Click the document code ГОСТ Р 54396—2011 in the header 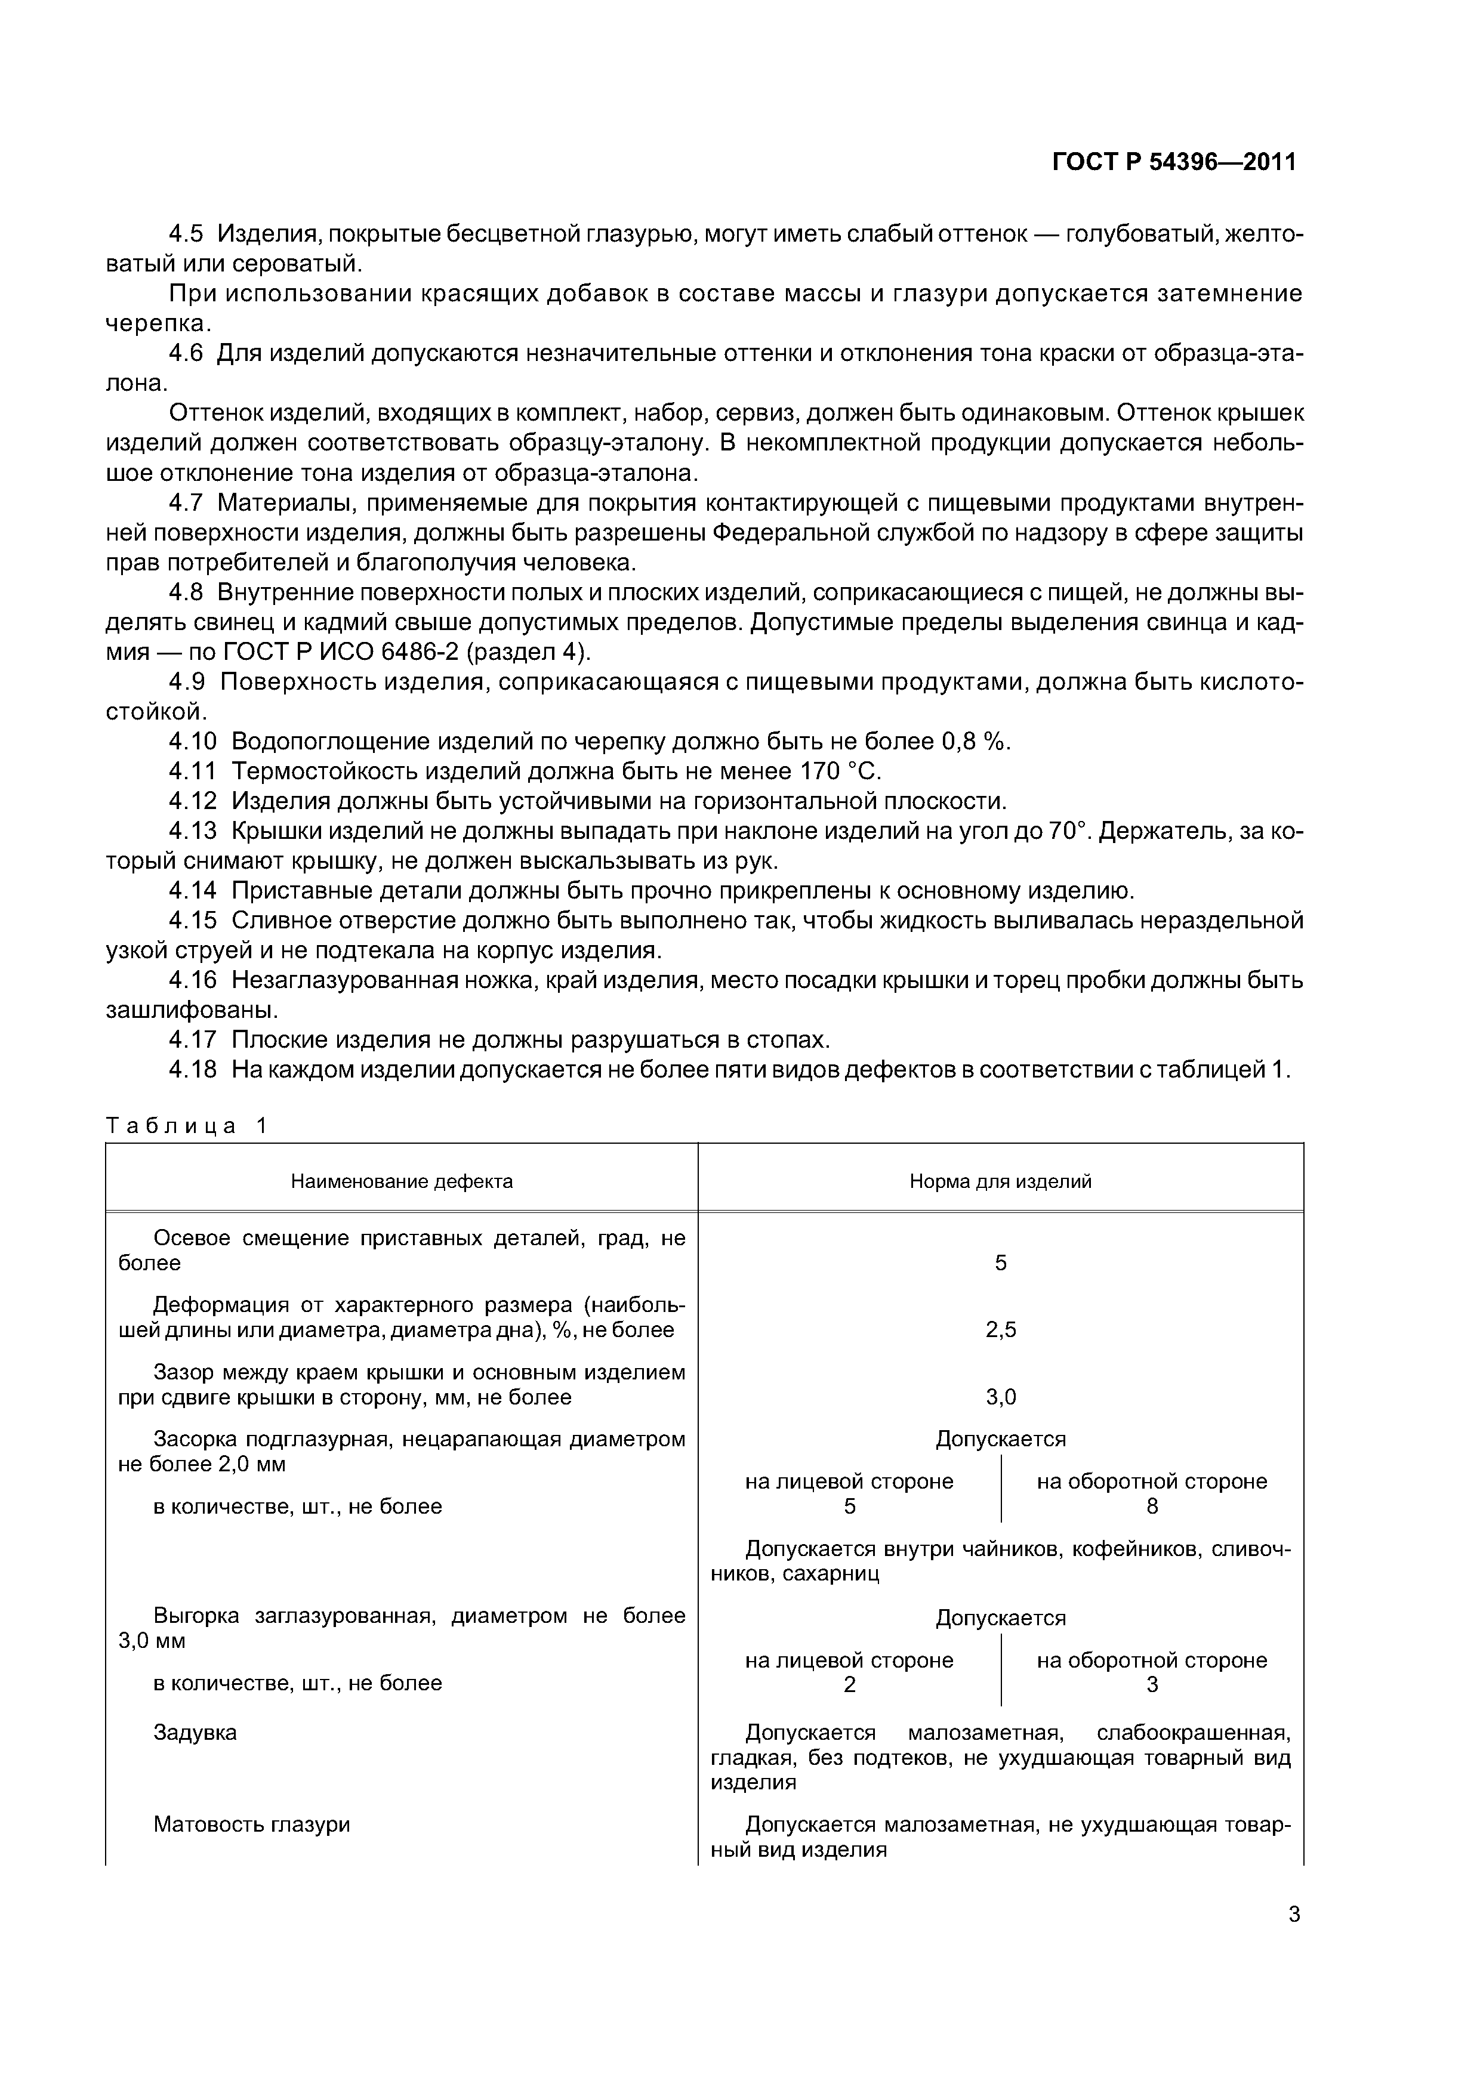(1174, 162)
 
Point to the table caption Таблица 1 (187, 1126)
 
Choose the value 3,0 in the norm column (1000, 1397)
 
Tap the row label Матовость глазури (252, 1824)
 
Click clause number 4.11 (192, 771)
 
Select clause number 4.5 (186, 234)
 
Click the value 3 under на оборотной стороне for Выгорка (1152, 1685)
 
